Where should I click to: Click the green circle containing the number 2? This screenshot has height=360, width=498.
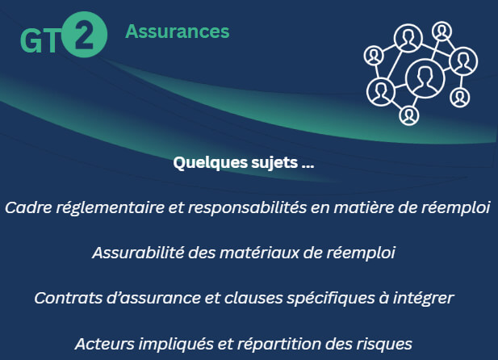84,35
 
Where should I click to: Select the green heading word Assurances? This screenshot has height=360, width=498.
178,31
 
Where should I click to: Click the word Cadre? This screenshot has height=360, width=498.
28,207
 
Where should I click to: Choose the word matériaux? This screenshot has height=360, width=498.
259,253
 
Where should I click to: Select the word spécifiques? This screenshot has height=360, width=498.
331,299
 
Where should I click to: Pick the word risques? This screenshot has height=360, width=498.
384,345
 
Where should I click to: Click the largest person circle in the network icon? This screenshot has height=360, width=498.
425,77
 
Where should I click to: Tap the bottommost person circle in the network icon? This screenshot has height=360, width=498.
409,115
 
